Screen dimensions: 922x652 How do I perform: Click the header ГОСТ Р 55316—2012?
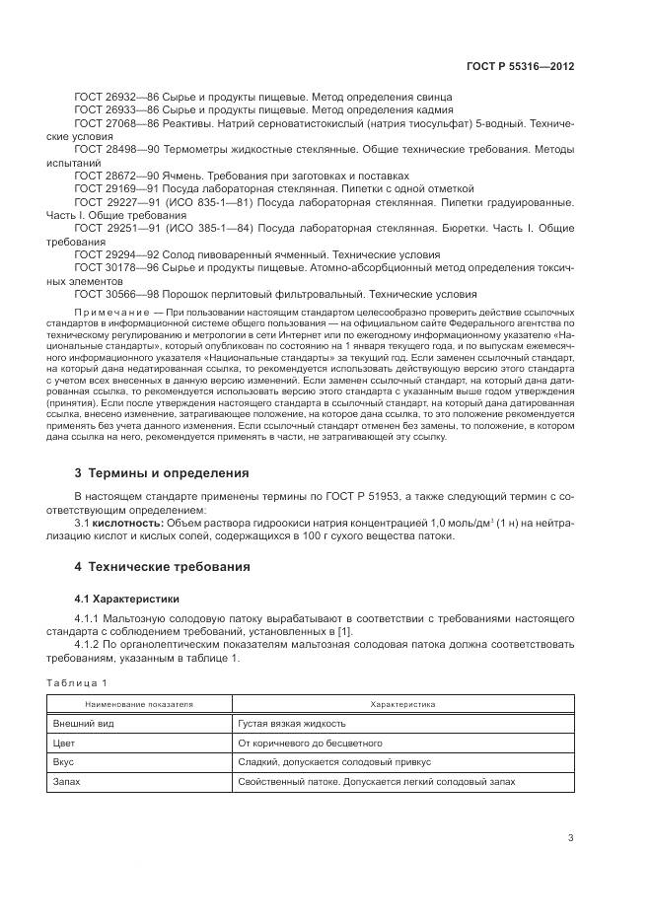coord(520,65)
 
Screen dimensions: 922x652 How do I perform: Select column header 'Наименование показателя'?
coord(139,705)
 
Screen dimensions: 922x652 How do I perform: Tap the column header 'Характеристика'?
coord(401,705)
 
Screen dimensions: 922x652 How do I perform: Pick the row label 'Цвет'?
coord(64,743)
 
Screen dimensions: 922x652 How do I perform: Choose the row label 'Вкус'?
coord(64,761)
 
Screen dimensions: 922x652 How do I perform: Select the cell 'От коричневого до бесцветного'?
coord(310,743)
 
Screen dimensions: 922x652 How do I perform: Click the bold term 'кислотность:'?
coord(126,523)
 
